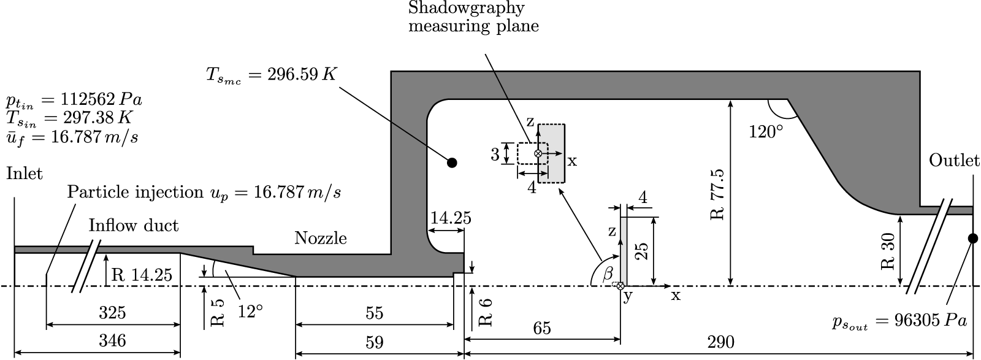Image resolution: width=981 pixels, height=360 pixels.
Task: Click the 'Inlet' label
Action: click(x=25, y=174)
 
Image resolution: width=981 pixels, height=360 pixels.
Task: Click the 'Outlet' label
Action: click(x=954, y=161)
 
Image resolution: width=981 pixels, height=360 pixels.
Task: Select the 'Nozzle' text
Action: click(x=320, y=238)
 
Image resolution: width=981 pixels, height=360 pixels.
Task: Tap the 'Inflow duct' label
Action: click(x=134, y=226)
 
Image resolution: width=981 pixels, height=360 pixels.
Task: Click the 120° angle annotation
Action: click(x=765, y=131)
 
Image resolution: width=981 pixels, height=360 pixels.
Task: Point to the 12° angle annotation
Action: click(x=250, y=312)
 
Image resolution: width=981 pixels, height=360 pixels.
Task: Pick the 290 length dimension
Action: click(x=720, y=342)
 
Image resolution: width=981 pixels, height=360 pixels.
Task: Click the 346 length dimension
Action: click(x=112, y=341)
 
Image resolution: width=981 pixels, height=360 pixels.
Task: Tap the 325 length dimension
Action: click(x=112, y=313)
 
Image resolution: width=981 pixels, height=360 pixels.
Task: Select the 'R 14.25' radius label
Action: click(x=142, y=275)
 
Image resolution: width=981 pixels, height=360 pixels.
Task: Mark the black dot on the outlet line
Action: click(x=972, y=238)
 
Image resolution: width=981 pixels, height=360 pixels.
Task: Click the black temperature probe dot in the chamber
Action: click(x=452, y=163)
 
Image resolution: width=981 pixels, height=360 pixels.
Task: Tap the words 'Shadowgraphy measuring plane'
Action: click(x=474, y=17)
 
